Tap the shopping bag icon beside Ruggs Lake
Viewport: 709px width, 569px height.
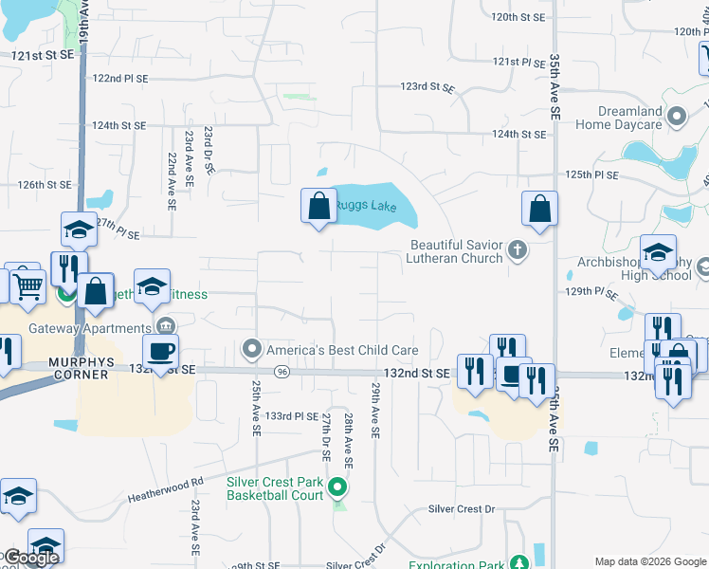click(x=318, y=206)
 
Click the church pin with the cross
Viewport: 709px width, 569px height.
click(x=517, y=250)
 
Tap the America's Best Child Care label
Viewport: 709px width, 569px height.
click(x=341, y=349)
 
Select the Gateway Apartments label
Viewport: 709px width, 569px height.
click(x=80, y=327)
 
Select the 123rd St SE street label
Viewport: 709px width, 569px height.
click(x=427, y=86)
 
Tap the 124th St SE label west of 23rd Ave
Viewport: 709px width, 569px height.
click(x=118, y=125)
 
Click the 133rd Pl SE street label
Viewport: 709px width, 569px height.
click(x=292, y=415)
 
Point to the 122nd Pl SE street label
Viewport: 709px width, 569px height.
click(x=120, y=78)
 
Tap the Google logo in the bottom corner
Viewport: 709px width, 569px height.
click(x=30, y=558)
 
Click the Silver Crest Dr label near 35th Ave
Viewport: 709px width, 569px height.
click(x=462, y=509)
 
